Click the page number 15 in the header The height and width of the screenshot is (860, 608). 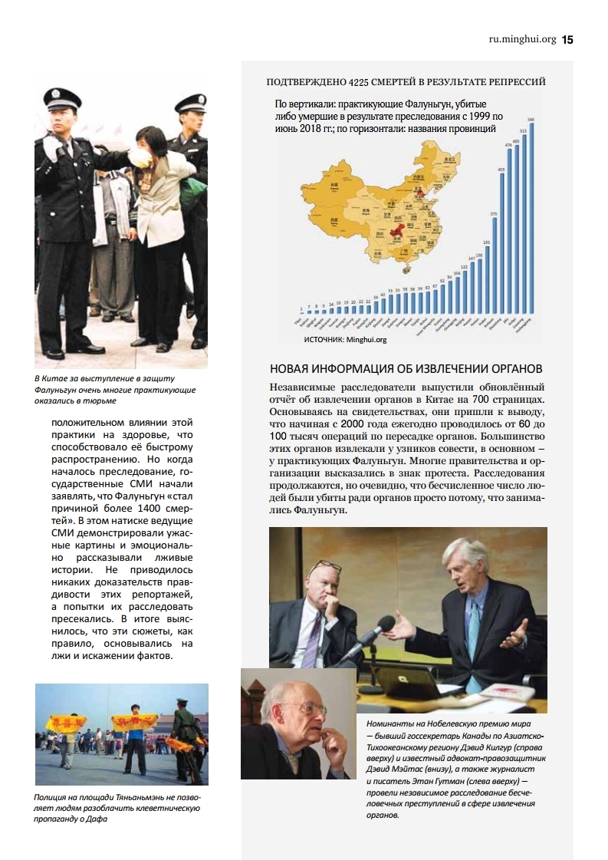tap(567, 40)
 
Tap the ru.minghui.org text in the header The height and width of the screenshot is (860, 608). tap(521, 40)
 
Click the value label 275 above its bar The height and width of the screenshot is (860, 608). tap(493, 213)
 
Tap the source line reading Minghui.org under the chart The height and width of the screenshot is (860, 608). tap(344, 338)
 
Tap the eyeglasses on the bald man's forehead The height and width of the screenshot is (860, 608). tap(325, 569)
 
